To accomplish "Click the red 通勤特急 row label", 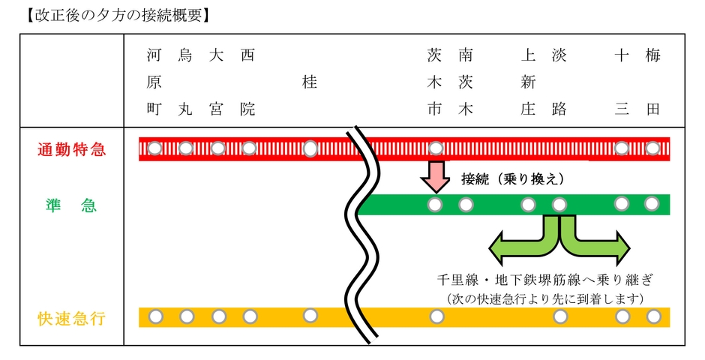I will click(71, 149).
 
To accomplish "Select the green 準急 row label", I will click(71, 205).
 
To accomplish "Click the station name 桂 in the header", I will click(310, 82).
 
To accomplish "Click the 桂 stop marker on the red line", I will click(310, 148).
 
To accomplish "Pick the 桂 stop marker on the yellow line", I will click(310, 316).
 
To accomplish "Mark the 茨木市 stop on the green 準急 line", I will click(434, 204).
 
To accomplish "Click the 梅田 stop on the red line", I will click(652, 148).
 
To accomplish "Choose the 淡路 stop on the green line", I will click(559, 204).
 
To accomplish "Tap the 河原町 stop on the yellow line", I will click(155, 316).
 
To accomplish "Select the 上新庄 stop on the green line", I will click(528, 204).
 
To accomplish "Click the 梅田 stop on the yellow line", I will click(653, 316).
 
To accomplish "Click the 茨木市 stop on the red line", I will click(434, 148).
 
